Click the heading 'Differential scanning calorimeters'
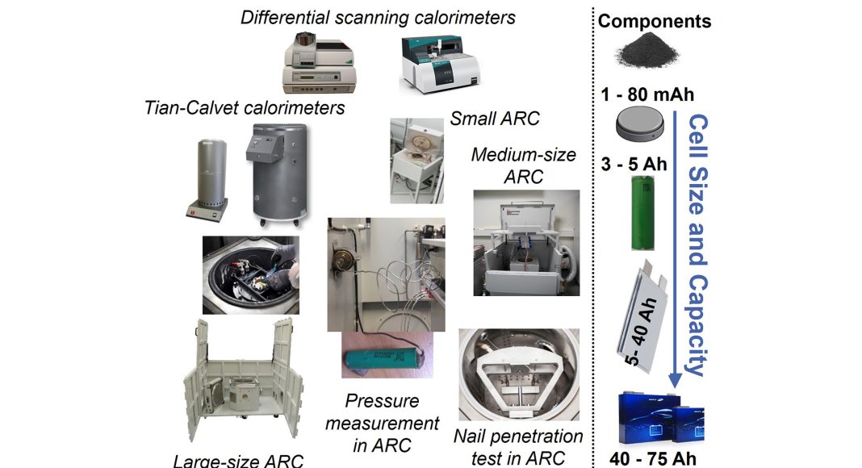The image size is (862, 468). (378, 17)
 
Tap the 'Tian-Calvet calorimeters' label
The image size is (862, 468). (245, 107)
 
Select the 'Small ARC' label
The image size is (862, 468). (495, 118)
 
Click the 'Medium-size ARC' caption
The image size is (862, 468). (523, 165)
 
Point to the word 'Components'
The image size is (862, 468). (655, 22)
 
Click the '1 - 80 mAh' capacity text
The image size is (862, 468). (647, 94)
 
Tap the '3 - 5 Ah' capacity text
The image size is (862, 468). (634, 164)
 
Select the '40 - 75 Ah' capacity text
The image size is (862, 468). (653, 458)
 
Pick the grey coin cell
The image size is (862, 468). (639, 123)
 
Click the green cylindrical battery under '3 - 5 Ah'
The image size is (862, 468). (643, 212)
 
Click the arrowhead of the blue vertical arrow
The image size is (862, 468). (675, 380)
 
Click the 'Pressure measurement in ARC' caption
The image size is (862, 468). (382, 423)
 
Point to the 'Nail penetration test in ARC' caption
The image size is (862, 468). (518, 447)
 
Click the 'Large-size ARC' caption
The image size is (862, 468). (238, 460)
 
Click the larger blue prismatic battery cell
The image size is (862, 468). (649, 418)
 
